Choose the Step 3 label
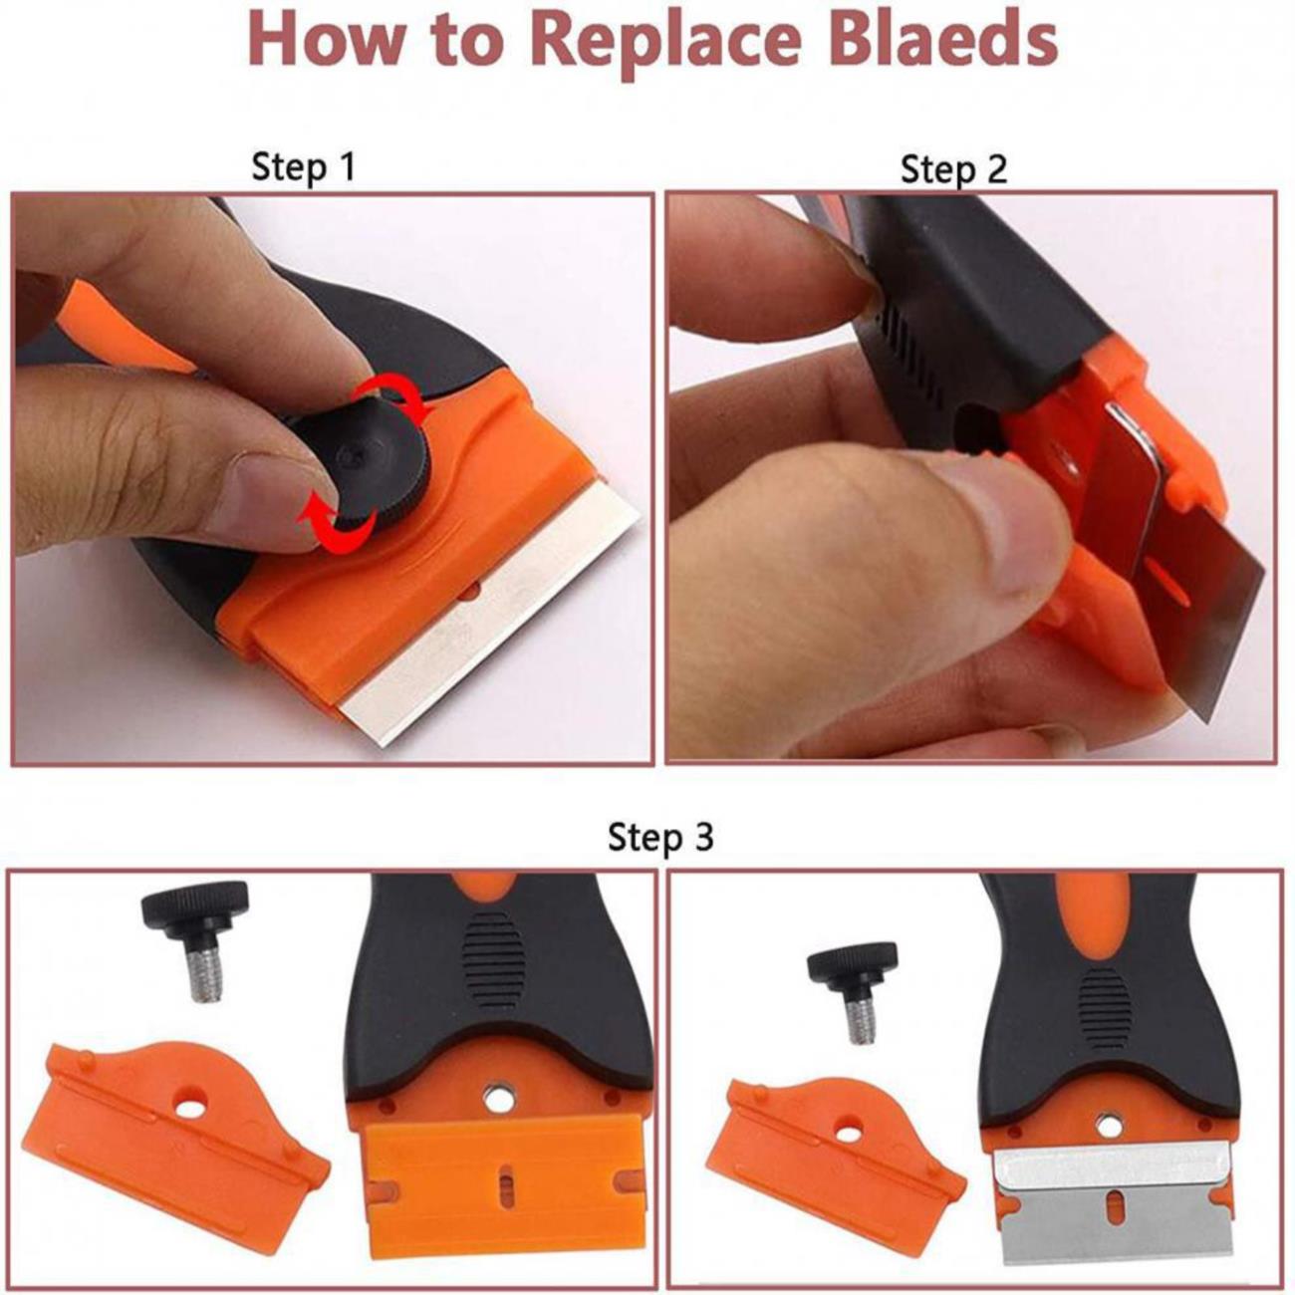661,838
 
